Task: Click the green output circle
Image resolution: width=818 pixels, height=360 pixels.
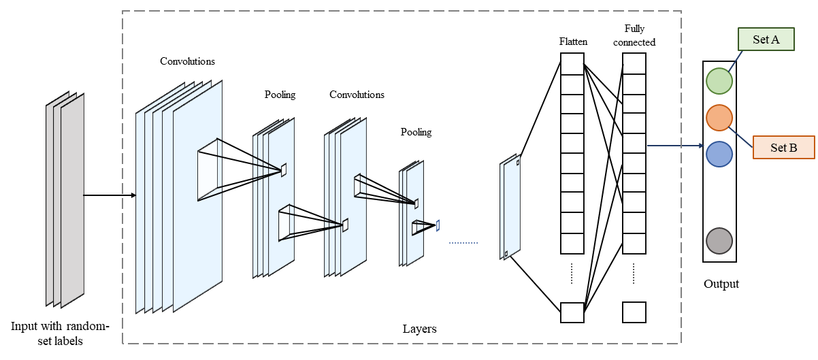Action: click(x=719, y=81)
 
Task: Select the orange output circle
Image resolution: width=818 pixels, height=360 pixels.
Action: click(x=719, y=118)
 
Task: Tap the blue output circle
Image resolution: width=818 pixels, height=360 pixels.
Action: click(x=719, y=154)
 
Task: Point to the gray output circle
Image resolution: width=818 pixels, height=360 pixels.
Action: click(x=719, y=241)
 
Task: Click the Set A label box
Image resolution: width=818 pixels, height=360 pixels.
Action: click(x=766, y=40)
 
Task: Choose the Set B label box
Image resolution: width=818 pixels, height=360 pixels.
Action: click(x=783, y=148)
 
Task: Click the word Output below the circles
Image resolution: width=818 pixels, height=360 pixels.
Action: click(x=721, y=284)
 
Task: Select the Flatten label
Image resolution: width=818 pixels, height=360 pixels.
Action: click(x=573, y=42)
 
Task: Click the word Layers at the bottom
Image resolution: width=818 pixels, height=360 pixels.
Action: click(x=419, y=329)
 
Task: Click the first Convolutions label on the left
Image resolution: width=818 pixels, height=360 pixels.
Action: click(x=187, y=61)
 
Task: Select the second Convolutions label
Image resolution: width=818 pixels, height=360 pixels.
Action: click(x=357, y=95)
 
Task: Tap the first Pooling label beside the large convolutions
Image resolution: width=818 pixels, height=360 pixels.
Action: click(x=280, y=95)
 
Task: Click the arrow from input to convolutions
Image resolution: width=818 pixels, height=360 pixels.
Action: click(x=109, y=195)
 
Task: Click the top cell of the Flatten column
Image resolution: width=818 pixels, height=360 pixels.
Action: click(x=572, y=64)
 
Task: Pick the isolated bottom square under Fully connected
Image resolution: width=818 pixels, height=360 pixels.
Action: click(x=634, y=312)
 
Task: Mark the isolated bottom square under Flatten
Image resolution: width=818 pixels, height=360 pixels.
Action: click(x=572, y=312)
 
